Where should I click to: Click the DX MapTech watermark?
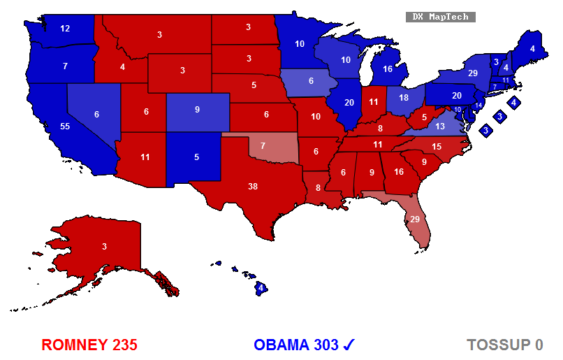coord(440,17)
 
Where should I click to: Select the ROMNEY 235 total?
coord(89,345)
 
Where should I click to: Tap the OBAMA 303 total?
coord(296,345)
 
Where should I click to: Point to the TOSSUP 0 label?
coord(505,345)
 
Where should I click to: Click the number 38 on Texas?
coord(252,187)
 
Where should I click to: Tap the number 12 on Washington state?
coord(65,29)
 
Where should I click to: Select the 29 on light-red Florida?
coord(414,219)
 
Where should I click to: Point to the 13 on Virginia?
coord(439,126)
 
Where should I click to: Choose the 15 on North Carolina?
coord(437,146)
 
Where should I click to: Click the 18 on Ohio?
coord(403,98)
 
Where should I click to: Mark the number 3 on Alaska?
coord(104,246)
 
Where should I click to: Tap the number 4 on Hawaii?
coord(260,287)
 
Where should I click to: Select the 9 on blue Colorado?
coord(196,109)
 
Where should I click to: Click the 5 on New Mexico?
coord(196,157)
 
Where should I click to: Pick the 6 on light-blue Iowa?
coord(311,80)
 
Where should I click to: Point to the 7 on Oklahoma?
coord(263,145)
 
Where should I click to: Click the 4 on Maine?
coord(532,49)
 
